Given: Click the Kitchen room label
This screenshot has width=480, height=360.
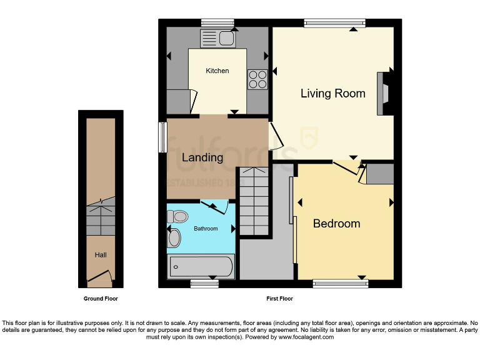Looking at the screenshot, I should click(x=217, y=71).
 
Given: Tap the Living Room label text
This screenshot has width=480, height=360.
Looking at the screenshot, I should click(x=332, y=94).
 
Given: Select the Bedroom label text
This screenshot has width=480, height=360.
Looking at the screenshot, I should click(x=336, y=224).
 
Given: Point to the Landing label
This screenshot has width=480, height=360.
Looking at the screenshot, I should click(x=202, y=157).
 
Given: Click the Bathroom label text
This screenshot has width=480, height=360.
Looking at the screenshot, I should click(x=206, y=229).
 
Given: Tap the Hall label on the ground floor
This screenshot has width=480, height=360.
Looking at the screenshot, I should click(x=101, y=255).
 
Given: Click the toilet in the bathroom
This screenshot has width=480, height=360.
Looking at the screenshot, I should click(x=177, y=217).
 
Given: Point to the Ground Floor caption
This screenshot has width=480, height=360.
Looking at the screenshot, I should click(x=101, y=299).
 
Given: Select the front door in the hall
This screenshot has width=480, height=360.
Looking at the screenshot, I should click(x=100, y=275).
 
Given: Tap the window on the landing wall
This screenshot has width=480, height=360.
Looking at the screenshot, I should click(x=162, y=136).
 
